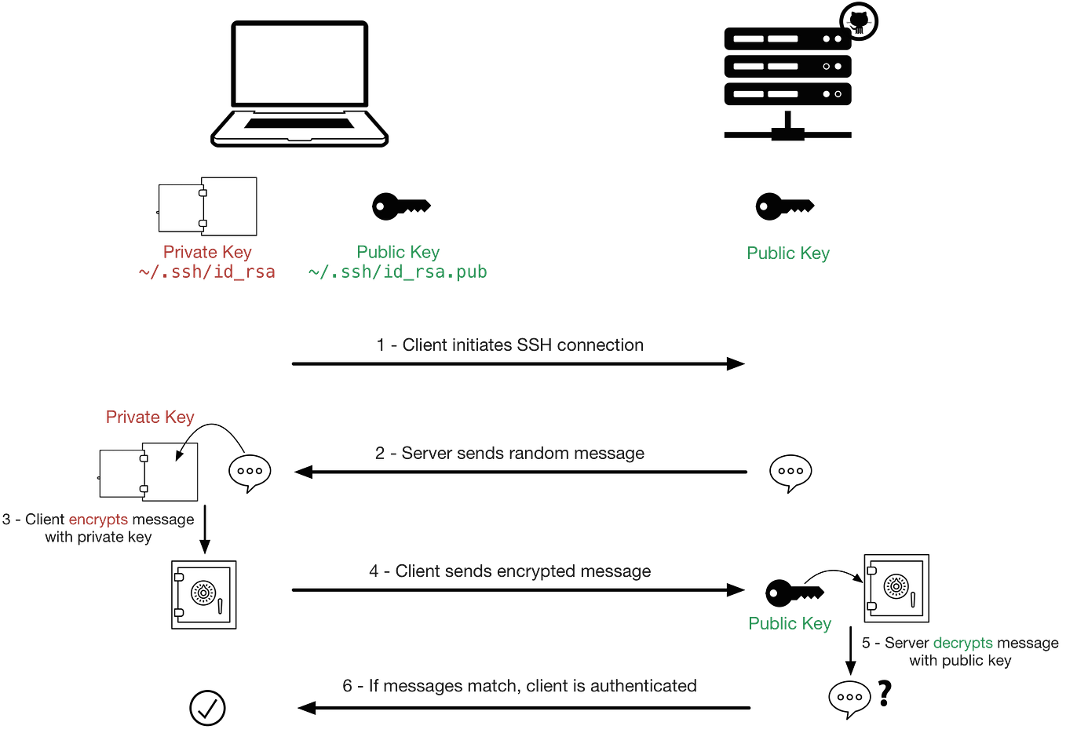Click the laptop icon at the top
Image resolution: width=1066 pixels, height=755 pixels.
pyautogui.click(x=301, y=82)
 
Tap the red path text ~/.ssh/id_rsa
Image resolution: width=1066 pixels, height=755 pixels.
pyautogui.click(x=207, y=272)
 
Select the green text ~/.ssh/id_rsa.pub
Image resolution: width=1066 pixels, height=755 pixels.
pyautogui.click(x=397, y=272)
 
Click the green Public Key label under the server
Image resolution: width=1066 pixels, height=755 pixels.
pyautogui.click(x=787, y=253)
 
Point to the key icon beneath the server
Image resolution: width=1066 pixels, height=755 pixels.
pyautogui.click(x=784, y=207)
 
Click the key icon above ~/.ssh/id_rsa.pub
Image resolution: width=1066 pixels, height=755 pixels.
pyautogui.click(x=400, y=206)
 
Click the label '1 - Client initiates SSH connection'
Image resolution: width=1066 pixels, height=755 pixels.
pyautogui.click(x=510, y=345)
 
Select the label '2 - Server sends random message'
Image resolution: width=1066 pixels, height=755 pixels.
pyautogui.click(x=510, y=454)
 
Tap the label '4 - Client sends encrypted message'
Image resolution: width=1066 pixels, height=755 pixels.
pyautogui.click(x=510, y=571)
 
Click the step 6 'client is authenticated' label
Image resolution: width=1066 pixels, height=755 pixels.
pyautogui.click(x=520, y=686)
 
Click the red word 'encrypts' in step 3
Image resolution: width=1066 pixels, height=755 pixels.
pyautogui.click(x=98, y=520)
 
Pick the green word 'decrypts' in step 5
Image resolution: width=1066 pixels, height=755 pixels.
pyautogui.click(x=962, y=644)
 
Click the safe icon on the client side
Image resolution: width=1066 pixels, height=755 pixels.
pyautogui.click(x=203, y=595)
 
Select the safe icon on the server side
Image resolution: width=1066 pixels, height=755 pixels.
pyautogui.click(x=896, y=588)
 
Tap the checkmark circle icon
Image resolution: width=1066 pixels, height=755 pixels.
pyautogui.click(x=208, y=709)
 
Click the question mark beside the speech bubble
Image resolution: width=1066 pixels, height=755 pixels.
pyautogui.click(x=886, y=692)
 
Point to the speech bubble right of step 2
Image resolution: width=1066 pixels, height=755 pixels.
pyautogui.click(x=790, y=471)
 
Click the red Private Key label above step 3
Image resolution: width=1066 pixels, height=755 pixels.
pyautogui.click(x=150, y=417)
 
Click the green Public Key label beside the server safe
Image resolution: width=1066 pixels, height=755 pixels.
pyautogui.click(x=790, y=624)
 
